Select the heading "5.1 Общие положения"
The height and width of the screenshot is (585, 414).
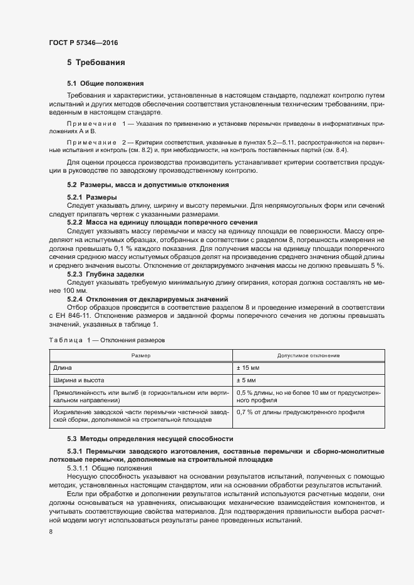click(105, 83)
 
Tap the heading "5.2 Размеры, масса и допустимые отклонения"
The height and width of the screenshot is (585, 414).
click(148, 185)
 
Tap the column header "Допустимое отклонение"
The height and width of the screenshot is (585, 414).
click(308, 355)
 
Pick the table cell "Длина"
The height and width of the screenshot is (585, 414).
click(63, 367)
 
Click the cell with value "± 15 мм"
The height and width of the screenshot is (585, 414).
click(248, 367)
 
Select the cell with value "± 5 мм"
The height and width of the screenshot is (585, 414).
click(246, 380)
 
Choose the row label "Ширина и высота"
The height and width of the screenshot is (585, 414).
click(78, 380)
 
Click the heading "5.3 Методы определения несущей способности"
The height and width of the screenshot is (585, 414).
click(150, 438)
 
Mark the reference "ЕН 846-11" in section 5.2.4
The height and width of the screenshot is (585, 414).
click(70, 315)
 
